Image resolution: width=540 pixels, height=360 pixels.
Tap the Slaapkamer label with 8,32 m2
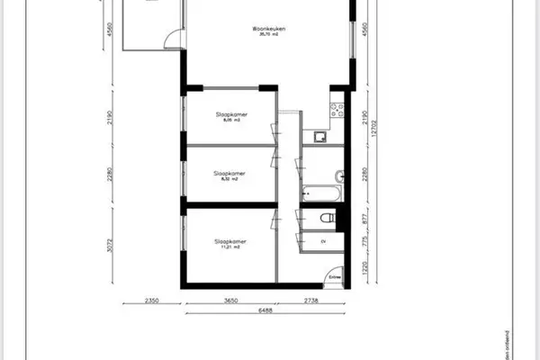(x=230, y=173)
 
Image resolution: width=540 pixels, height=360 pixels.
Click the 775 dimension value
(x=364, y=241)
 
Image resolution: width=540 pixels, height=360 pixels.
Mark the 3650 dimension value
(x=230, y=301)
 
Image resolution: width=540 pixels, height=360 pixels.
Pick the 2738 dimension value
(x=310, y=301)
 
